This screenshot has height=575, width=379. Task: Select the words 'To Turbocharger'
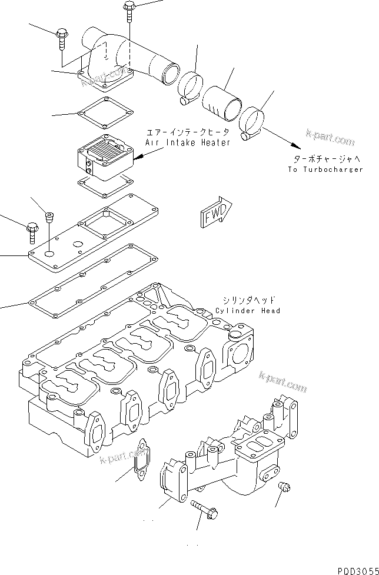325,169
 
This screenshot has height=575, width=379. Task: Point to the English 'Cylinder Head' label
248,310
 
